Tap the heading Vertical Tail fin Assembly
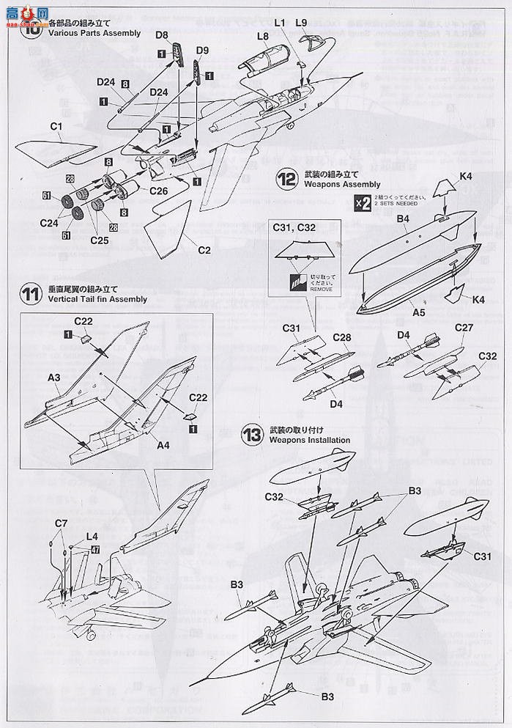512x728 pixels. pos(96,299)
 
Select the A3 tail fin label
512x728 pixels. pos(53,376)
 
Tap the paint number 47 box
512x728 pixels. pos(95,549)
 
